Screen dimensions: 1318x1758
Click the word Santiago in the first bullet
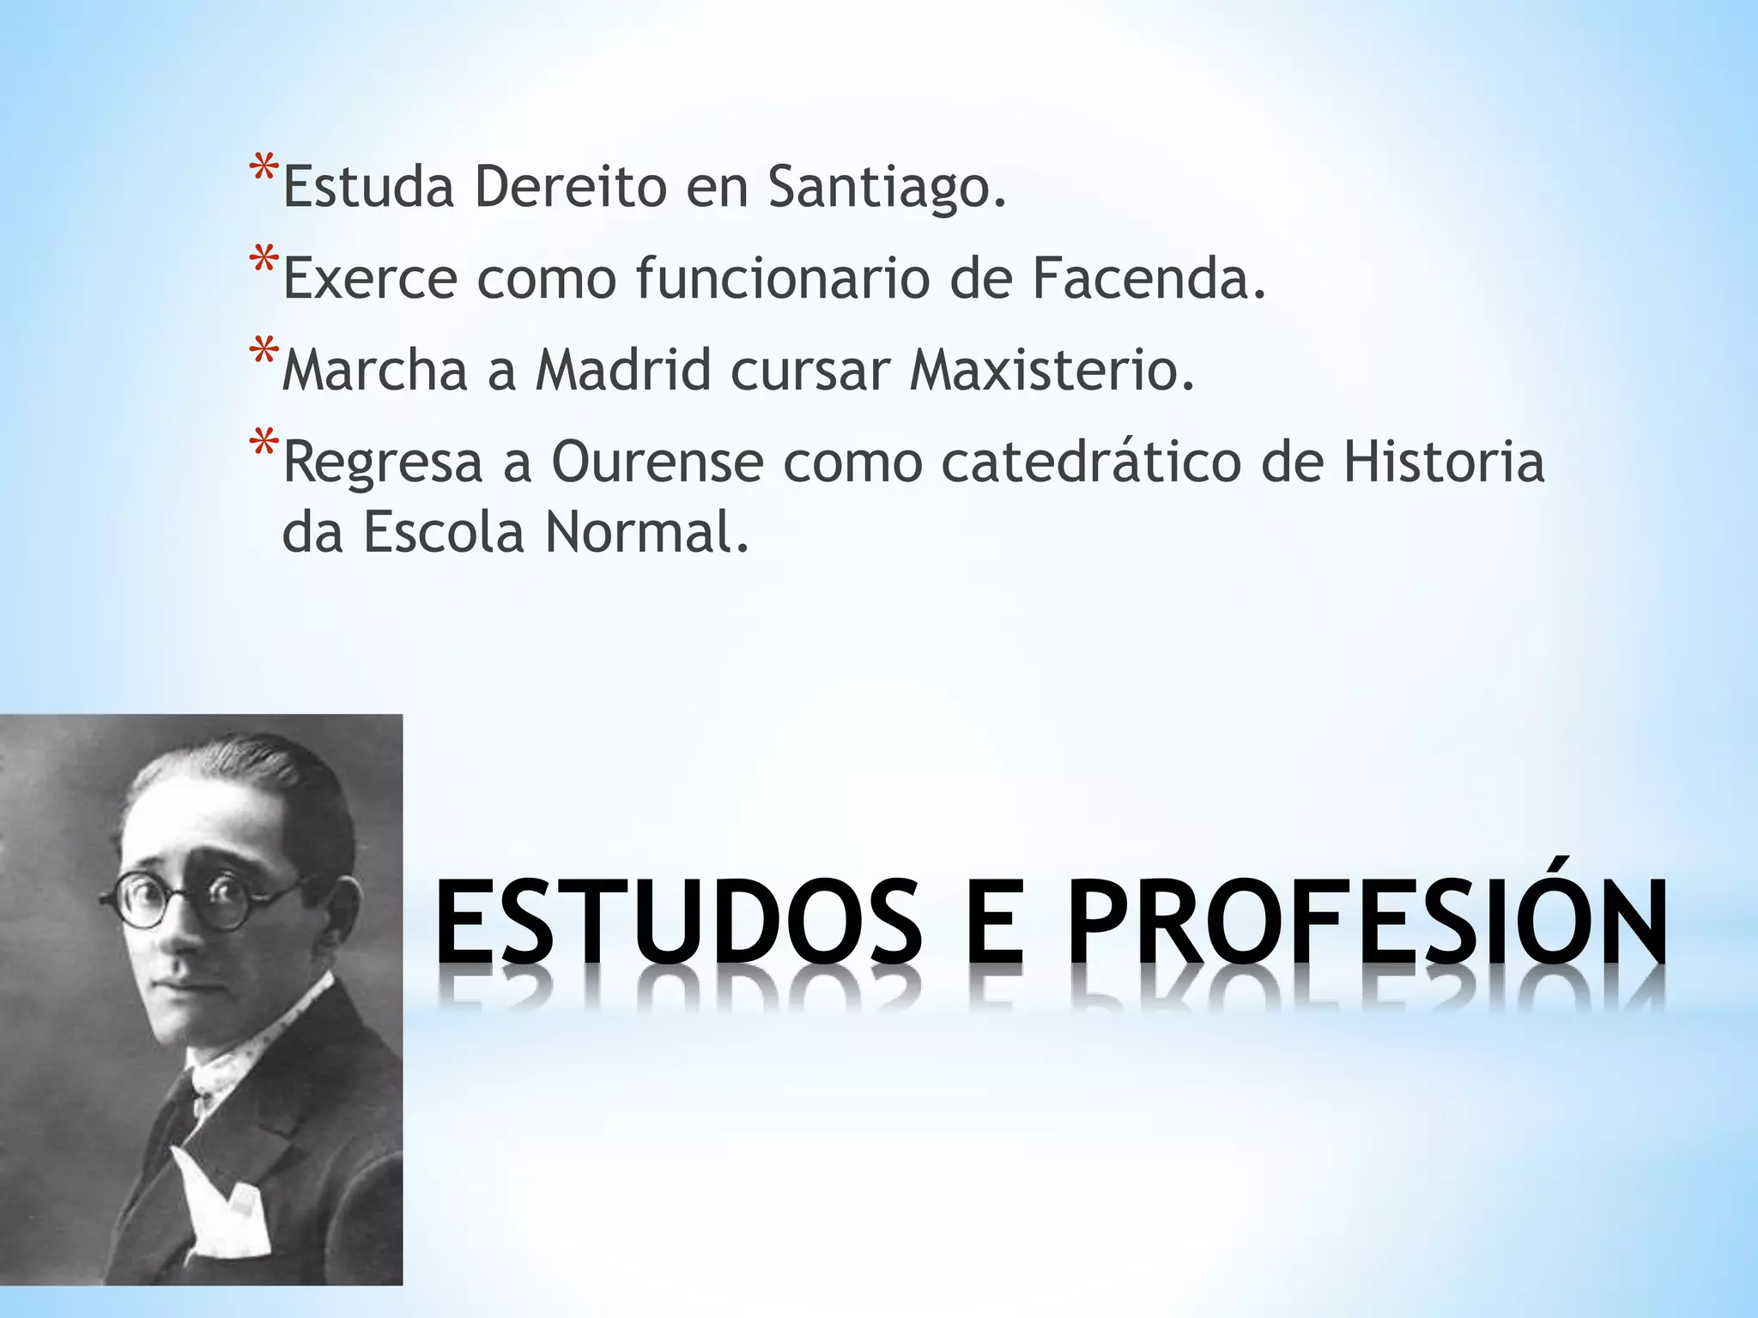886,187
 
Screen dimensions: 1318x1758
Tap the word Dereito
570,187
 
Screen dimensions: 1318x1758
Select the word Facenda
1149,279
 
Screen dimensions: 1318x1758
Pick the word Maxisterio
1052,371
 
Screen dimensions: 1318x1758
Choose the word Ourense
657,463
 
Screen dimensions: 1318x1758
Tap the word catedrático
1091,463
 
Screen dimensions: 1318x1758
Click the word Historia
1444,463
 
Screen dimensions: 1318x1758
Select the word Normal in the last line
647,533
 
